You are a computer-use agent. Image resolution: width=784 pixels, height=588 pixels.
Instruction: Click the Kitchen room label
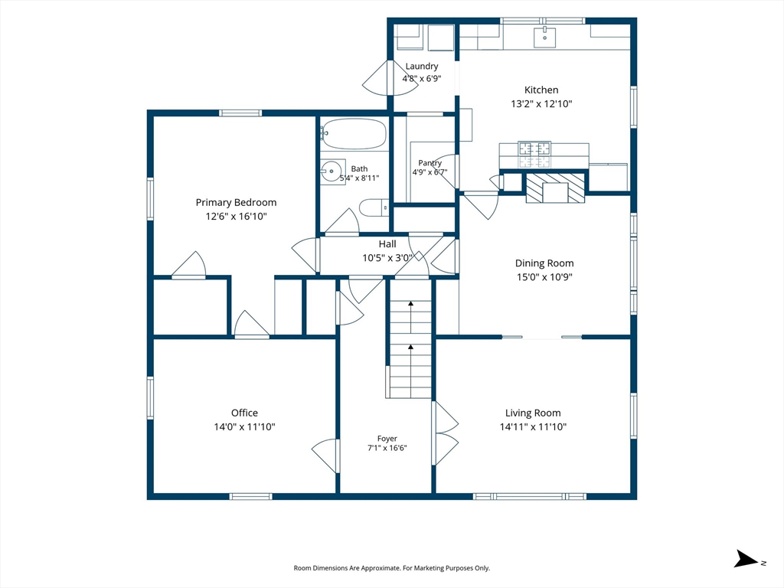[x=541, y=90]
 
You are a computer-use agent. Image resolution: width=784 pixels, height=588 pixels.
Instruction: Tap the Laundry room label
[x=422, y=66]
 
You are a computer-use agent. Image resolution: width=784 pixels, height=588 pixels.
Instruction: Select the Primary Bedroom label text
[x=236, y=202]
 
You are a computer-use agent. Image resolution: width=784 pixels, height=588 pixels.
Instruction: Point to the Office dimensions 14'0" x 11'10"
[x=244, y=427]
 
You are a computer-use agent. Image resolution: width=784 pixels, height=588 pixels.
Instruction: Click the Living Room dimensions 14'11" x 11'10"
[x=533, y=427]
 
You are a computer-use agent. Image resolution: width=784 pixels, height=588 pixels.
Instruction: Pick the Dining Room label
[x=544, y=263]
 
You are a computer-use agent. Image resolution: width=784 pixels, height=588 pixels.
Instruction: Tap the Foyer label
[x=387, y=439]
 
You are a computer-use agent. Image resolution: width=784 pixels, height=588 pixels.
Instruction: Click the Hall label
[x=387, y=244]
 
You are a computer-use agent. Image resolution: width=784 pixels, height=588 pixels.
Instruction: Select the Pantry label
[x=430, y=163]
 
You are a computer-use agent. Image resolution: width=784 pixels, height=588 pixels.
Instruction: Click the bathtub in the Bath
[x=354, y=134]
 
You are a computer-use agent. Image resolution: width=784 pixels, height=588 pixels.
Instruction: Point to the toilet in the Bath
[x=374, y=207]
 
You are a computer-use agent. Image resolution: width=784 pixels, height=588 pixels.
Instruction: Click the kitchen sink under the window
[x=544, y=37]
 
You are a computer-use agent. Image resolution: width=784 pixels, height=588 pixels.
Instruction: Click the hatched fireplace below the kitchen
[x=555, y=188]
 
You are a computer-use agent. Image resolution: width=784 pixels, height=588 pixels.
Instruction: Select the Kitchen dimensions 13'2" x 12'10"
[x=541, y=104]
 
